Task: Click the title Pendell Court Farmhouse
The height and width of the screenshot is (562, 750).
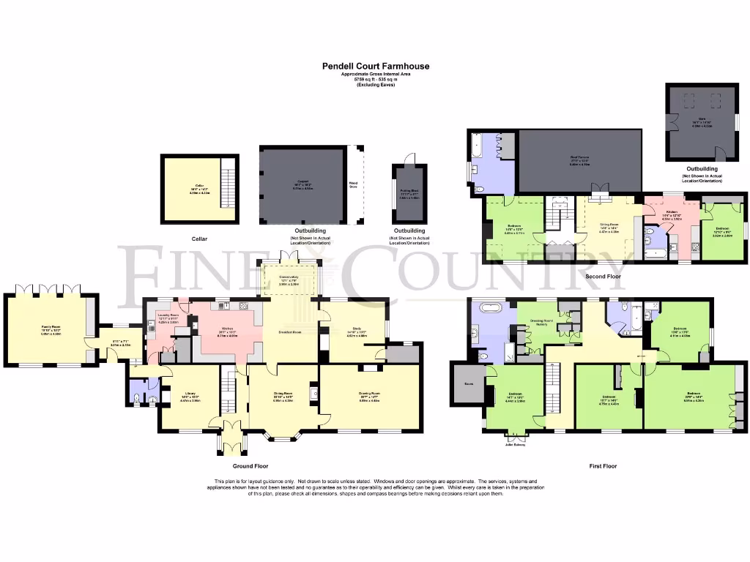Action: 376,65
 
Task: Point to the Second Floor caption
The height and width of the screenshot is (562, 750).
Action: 604,277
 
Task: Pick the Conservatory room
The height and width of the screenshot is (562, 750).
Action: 289,281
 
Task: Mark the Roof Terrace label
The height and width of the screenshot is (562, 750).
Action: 580,161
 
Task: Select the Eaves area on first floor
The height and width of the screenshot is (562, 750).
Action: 464,383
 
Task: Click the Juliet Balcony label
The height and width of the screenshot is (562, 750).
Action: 515,443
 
